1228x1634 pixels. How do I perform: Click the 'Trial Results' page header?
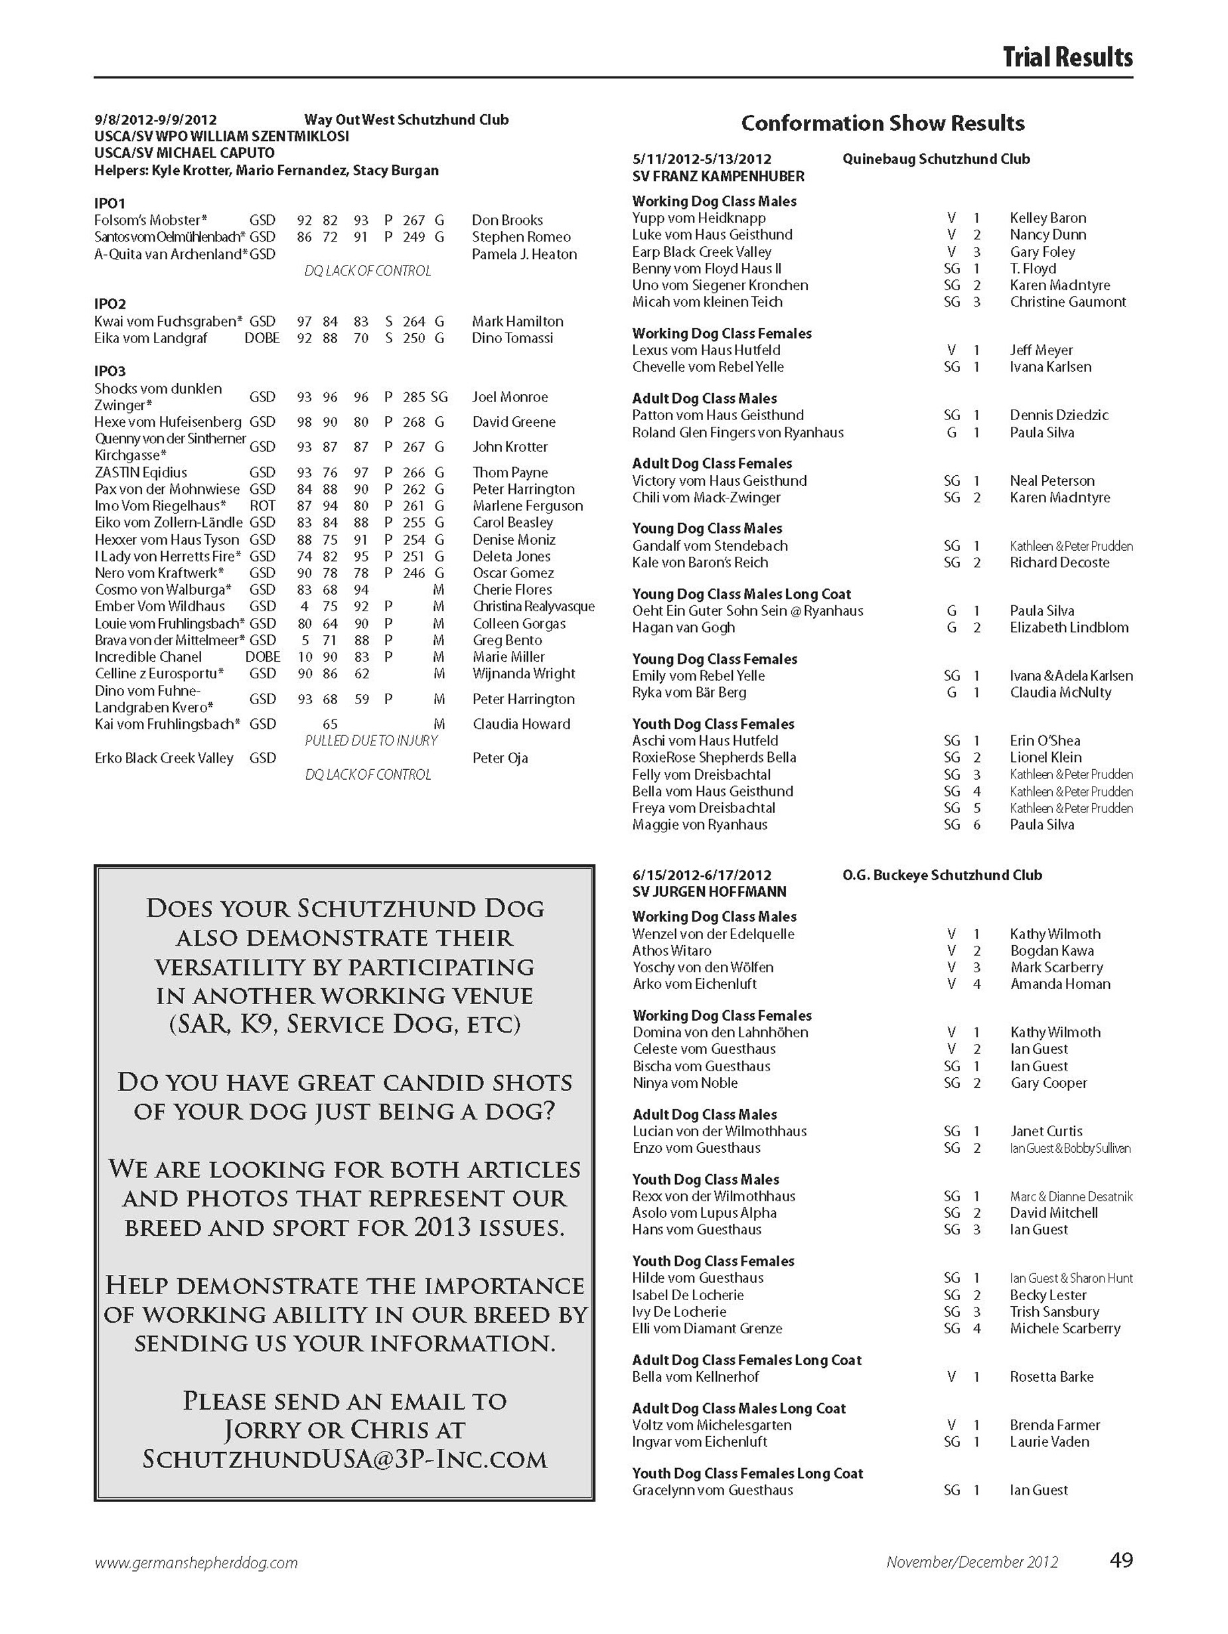click(1067, 57)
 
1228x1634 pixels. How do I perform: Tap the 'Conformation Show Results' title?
click(882, 123)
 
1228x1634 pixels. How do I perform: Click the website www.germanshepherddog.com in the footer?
click(196, 1562)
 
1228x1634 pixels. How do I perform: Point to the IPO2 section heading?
click(110, 303)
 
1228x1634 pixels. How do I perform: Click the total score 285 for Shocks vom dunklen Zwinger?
click(414, 397)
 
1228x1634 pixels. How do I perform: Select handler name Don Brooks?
click(507, 220)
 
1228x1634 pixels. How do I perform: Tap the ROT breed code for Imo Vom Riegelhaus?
click(262, 506)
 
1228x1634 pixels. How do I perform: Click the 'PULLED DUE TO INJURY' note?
click(371, 740)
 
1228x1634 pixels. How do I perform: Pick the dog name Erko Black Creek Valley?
click(164, 758)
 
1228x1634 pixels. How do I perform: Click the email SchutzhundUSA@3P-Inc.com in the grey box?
click(345, 1458)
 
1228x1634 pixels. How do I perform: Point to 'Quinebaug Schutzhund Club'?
click(935, 159)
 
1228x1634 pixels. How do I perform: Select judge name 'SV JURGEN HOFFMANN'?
click(710, 891)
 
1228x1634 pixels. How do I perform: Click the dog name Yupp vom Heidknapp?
click(699, 218)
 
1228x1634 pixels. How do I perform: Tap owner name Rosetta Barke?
click(1051, 1376)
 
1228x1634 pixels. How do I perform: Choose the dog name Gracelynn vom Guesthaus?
click(712, 1490)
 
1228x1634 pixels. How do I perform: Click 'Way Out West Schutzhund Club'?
click(406, 119)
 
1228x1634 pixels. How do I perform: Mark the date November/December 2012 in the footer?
click(972, 1562)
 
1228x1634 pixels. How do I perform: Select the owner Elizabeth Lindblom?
click(1069, 627)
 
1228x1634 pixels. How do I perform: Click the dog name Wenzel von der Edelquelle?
click(713, 934)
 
